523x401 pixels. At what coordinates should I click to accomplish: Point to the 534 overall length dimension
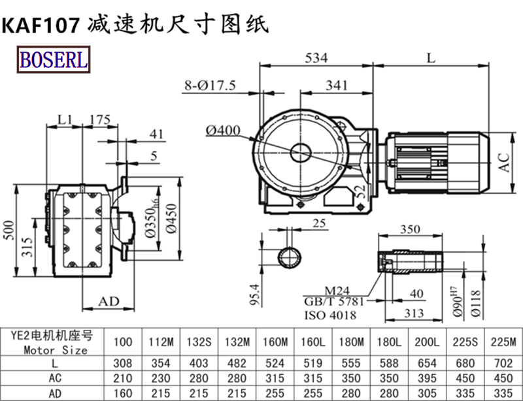click(316, 58)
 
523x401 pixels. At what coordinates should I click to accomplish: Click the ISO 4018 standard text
click(330, 315)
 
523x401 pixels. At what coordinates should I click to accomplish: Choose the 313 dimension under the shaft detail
click(411, 313)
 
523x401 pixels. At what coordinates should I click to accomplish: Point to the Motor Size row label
click(57, 349)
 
